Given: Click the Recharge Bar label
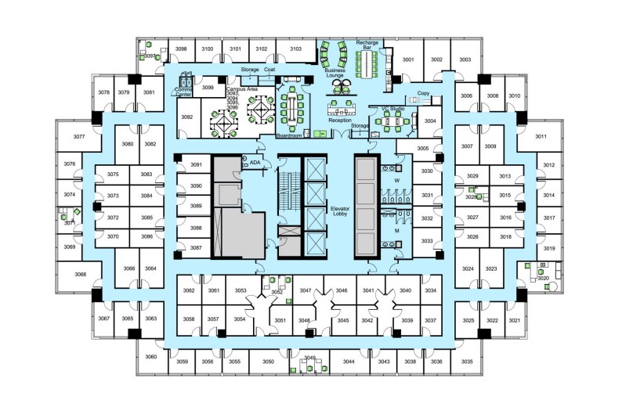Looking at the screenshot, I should (x=367, y=44).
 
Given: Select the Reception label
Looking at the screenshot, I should (x=339, y=121).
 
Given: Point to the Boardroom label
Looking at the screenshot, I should (x=289, y=135).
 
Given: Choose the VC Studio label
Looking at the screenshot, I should (x=391, y=108).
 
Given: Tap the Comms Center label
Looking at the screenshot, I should (x=184, y=92).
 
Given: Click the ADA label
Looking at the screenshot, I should (x=255, y=163).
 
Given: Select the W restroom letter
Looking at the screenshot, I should (x=396, y=181).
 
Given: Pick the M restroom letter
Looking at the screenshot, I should (x=396, y=232).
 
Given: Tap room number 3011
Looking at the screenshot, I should (x=541, y=137).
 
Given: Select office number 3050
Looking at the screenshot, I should (x=268, y=362).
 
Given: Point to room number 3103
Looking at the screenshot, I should (x=295, y=49).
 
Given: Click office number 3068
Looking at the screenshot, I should (x=80, y=275).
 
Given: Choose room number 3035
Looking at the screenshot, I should (x=467, y=362).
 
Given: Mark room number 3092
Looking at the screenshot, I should (x=186, y=117).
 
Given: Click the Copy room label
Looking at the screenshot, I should (x=423, y=93).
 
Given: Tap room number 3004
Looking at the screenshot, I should (x=429, y=121).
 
